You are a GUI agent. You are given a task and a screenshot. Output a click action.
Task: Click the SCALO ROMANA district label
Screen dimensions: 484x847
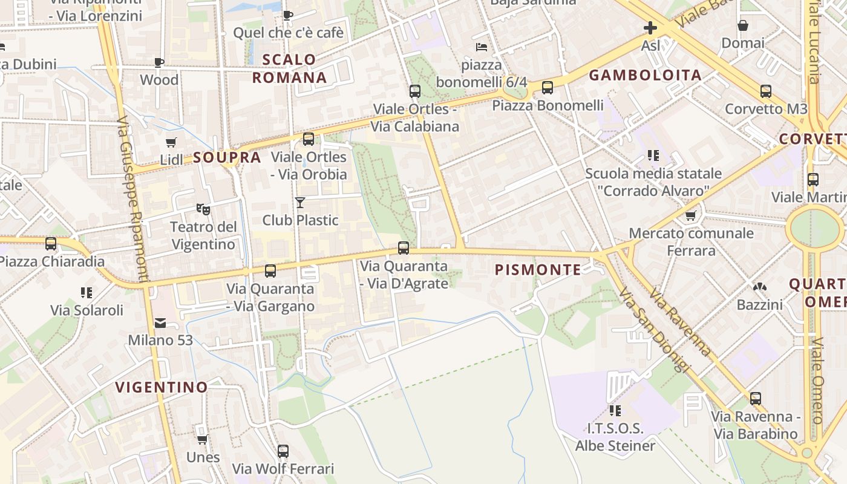coord(290,68)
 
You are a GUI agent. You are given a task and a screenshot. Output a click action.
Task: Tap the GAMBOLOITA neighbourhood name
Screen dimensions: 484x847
coord(645,75)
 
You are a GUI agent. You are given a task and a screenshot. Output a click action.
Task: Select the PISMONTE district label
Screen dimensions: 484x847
coord(538,270)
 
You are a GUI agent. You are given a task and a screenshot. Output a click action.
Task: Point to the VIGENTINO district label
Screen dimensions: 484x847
coord(162,387)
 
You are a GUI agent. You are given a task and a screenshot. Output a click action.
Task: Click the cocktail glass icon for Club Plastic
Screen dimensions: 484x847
coord(300,202)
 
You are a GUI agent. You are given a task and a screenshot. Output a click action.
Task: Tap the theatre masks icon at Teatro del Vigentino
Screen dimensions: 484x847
coord(203,209)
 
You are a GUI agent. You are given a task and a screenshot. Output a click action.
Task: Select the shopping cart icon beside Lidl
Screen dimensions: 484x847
coord(171,142)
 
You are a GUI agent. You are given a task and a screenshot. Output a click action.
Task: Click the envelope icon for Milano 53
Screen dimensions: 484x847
coord(160,323)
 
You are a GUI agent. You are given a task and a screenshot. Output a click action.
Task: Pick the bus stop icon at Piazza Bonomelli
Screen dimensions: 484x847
coord(548,88)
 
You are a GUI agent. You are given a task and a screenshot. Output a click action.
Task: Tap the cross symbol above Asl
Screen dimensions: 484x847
coord(650,28)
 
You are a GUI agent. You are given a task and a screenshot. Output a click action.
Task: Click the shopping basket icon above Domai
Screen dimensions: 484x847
coord(743,25)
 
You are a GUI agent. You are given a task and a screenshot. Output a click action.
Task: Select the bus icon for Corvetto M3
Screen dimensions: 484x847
coord(766,91)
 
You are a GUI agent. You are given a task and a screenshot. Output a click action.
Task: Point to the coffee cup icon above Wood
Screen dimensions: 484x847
coord(159,62)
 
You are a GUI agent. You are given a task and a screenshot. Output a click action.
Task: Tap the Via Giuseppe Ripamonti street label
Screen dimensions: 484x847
coord(132,200)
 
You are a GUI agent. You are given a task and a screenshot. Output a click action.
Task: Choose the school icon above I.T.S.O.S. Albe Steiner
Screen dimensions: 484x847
coord(615,411)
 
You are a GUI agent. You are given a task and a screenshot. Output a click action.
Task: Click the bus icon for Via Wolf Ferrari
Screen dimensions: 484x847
coord(283,451)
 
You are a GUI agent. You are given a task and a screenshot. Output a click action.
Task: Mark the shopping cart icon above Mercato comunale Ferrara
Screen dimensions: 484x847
coord(690,215)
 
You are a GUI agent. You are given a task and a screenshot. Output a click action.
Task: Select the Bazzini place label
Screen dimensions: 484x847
coord(759,304)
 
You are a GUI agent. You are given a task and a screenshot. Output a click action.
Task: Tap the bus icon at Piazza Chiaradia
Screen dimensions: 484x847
coord(51,244)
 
